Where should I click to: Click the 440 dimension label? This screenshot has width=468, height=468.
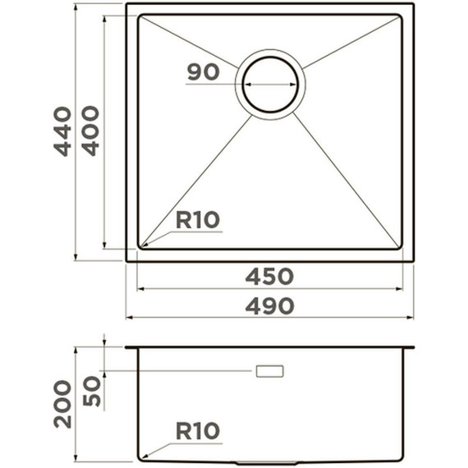(62, 131)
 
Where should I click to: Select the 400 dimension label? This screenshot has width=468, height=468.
(90, 131)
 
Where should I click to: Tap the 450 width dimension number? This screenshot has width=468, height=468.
(269, 277)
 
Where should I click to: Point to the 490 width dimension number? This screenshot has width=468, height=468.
(269, 305)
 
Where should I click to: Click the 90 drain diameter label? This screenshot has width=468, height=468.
(204, 72)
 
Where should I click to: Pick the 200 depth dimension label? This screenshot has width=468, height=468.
(62, 405)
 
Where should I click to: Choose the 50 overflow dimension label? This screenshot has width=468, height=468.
(92, 391)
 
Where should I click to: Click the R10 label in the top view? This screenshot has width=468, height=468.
(198, 220)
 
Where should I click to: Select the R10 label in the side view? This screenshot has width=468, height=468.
(198, 431)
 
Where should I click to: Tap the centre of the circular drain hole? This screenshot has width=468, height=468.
(270, 85)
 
